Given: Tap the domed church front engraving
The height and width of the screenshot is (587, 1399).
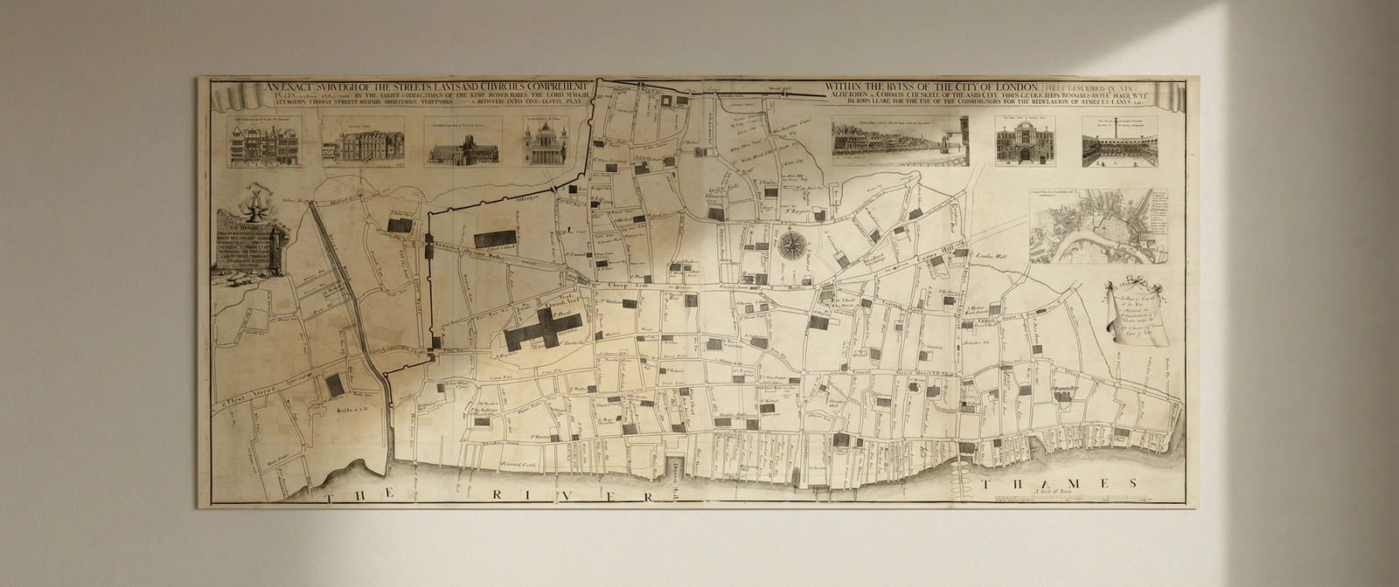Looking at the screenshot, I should pyautogui.click(x=547, y=142).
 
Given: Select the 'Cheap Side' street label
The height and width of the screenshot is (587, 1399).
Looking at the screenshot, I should pyautogui.click(x=619, y=285).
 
